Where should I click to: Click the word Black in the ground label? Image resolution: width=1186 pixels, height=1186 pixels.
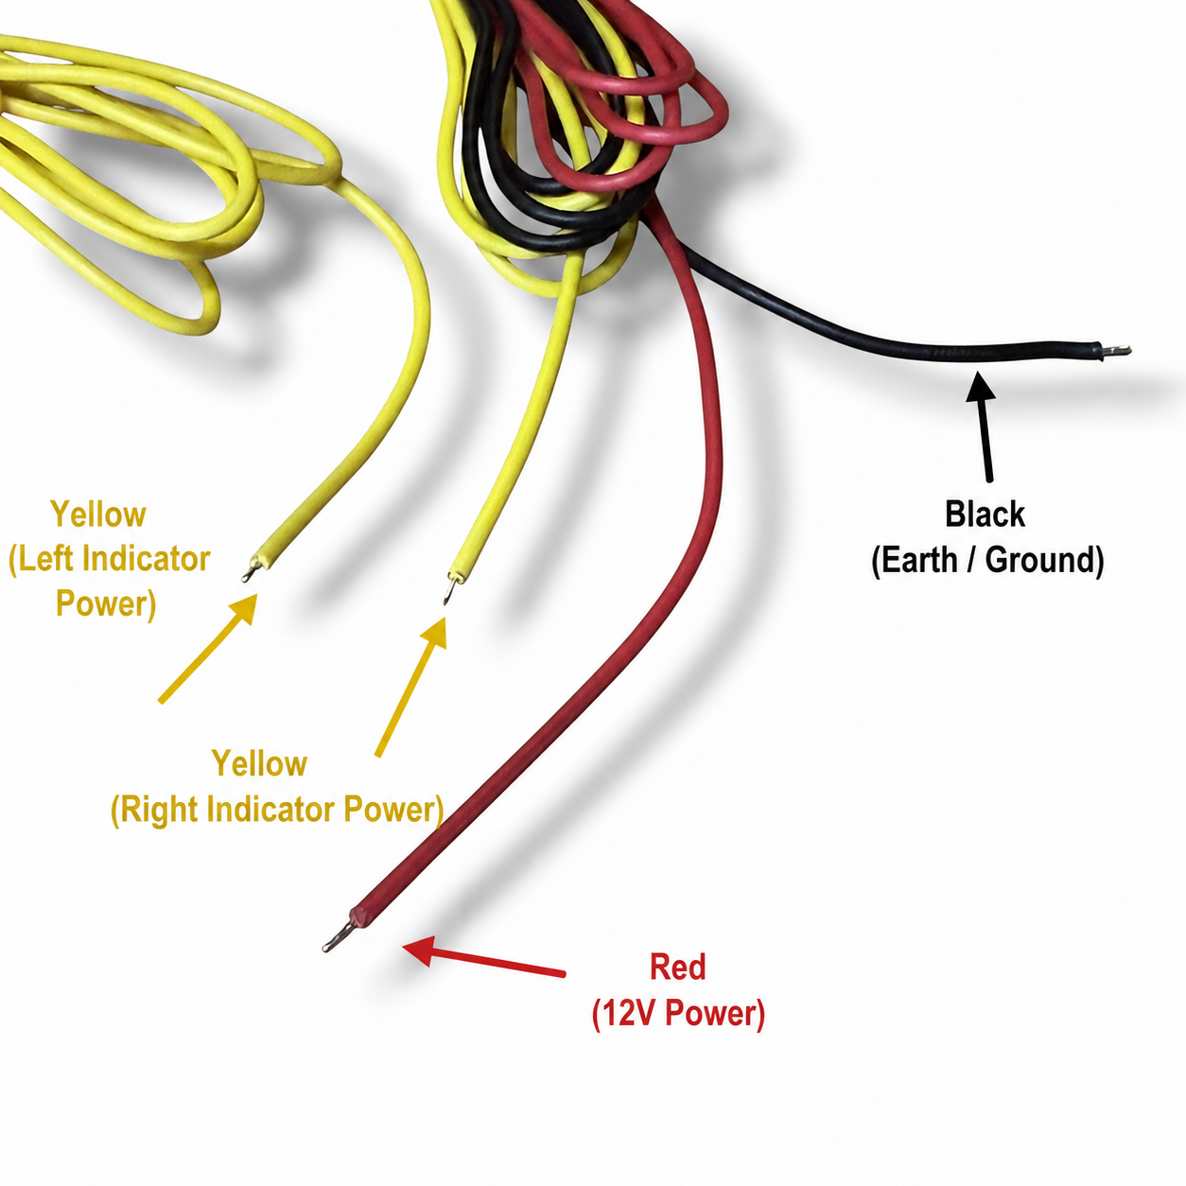pos(985,514)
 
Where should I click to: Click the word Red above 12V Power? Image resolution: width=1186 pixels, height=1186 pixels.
pos(677,967)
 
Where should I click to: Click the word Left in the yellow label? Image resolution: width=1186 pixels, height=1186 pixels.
pos(42,559)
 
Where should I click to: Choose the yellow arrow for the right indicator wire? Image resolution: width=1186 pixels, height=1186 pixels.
pos(410,687)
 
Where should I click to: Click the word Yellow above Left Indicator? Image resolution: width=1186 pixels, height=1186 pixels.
pos(98,514)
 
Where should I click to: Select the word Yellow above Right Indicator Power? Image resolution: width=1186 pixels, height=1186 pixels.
pos(259,764)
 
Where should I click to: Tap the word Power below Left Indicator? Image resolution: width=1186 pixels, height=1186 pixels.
pos(105,603)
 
